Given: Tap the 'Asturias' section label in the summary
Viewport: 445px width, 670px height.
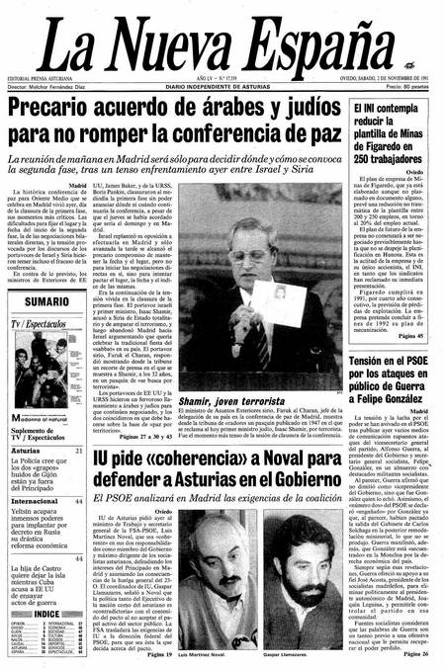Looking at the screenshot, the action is pyautogui.click(x=28, y=422).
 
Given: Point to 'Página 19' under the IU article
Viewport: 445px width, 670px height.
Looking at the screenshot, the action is pyautogui.click(x=159, y=653).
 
